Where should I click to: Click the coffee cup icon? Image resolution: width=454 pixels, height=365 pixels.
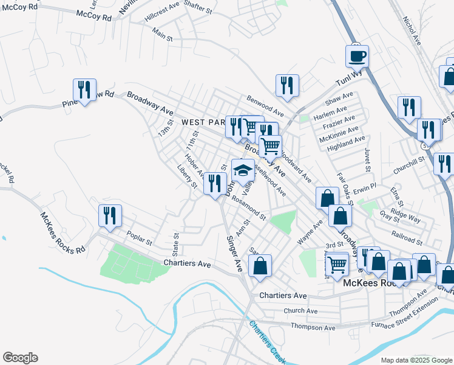point(357,56)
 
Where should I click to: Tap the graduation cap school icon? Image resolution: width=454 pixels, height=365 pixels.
point(243,170)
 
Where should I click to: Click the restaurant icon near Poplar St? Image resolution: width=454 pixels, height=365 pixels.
point(110,216)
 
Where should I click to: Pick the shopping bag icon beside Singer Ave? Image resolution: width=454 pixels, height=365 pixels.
point(260,266)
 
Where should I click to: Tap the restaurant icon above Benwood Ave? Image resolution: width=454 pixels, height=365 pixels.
point(286,85)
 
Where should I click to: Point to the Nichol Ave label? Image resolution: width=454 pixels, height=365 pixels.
point(412,30)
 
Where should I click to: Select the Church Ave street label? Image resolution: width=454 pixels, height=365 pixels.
point(305,311)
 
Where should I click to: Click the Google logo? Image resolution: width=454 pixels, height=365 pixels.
point(20,358)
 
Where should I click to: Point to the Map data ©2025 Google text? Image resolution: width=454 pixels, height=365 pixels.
point(416,360)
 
